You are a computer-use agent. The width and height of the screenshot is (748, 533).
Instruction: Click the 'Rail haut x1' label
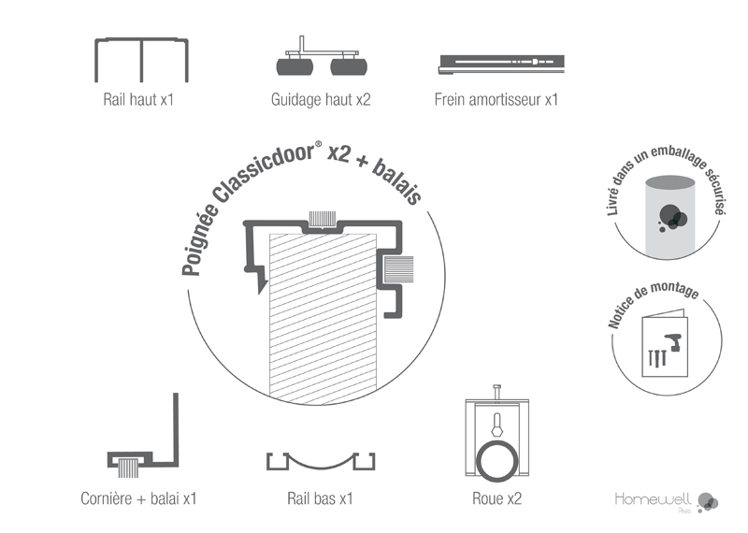(138, 100)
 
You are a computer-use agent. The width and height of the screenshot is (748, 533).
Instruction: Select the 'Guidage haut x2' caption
(321, 100)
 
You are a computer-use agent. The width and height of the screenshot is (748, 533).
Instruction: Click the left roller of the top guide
(295, 66)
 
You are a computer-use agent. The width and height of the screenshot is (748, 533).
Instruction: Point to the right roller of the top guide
(349, 66)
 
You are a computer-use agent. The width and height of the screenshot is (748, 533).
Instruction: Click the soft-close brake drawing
(501, 65)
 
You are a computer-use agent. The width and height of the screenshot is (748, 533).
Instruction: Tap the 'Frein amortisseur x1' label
(496, 100)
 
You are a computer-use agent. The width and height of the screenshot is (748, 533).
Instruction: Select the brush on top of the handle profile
(323, 219)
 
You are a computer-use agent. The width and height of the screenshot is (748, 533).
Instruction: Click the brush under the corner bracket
(128, 468)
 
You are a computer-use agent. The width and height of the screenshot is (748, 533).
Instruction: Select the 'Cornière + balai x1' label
(138, 498)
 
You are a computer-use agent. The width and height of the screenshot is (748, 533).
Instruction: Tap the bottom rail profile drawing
(321, 466)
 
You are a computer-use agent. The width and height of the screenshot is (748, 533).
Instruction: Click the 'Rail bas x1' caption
(320, 498)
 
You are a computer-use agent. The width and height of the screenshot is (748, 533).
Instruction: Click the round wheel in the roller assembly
(496, 461)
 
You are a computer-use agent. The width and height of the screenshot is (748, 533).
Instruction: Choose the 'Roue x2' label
(497, 498)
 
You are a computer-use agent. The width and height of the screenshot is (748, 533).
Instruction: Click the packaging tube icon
(669, 218)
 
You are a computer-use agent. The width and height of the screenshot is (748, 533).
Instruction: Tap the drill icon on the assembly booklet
(672, 341)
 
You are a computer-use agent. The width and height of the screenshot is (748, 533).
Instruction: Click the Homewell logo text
(653, 499)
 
